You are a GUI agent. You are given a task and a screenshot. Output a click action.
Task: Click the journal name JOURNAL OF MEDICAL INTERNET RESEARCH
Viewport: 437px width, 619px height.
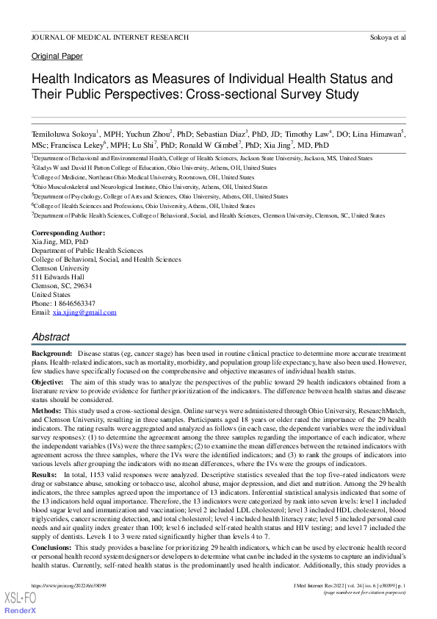click(x=109, y=37)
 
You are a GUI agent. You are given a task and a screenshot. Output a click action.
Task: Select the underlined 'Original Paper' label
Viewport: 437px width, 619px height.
click(x=57, y=57)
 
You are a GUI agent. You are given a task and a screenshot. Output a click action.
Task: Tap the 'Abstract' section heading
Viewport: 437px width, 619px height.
click(x=51, y=337)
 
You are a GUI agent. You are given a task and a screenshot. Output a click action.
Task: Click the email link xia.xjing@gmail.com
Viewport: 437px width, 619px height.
click(x=84, y=312)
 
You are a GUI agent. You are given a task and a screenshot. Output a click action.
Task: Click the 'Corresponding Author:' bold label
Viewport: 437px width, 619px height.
click(x=68, y=233)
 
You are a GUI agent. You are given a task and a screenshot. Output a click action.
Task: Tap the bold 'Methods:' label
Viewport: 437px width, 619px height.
click(x=46, y=409)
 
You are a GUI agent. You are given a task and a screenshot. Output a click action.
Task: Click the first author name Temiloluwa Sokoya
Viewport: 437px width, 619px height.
click(x=62, y=135)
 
